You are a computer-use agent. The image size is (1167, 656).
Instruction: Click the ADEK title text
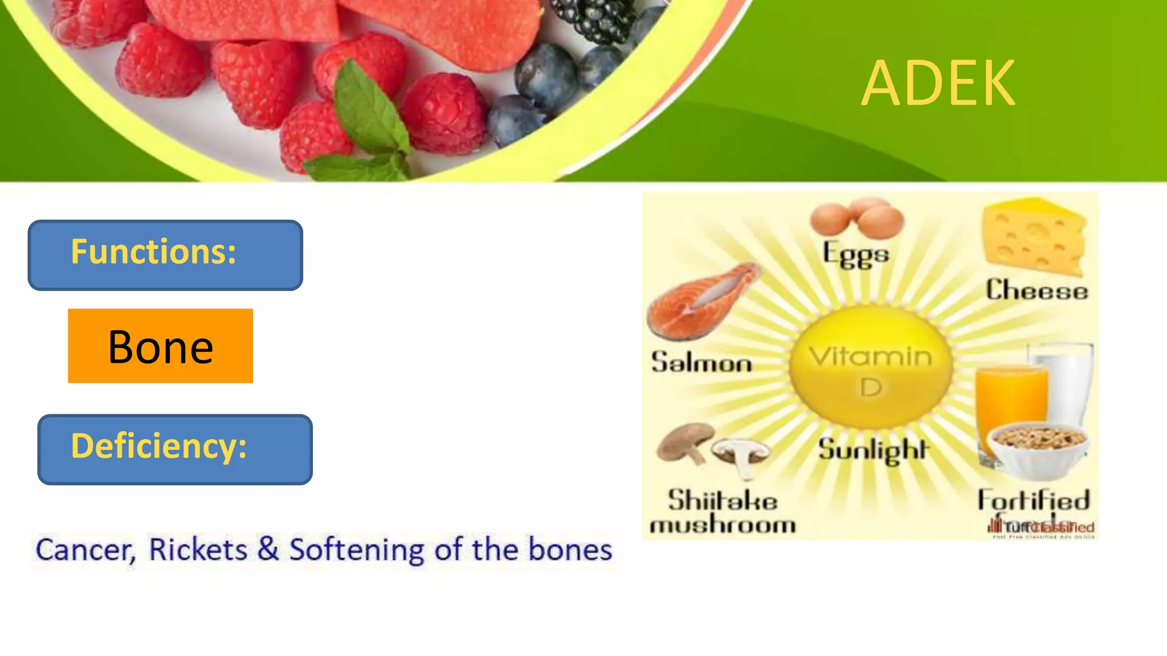[938, 84]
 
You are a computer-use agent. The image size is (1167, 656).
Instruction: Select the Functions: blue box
[165, 255]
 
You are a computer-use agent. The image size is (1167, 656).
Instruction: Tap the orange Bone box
[160, 346]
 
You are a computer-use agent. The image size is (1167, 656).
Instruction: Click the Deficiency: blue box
[174, 449]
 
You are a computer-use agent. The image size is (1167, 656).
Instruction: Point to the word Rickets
[198, 550]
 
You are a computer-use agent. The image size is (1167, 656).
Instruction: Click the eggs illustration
[856, 218]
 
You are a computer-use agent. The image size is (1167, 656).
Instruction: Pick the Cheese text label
[1037, 290]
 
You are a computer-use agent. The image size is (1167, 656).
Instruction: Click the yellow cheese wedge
[1033, 235]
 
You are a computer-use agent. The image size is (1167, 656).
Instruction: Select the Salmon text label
[701, 363]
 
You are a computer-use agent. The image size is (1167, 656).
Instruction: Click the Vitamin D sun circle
[870, 367]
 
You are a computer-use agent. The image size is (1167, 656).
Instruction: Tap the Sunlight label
[874, 450]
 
